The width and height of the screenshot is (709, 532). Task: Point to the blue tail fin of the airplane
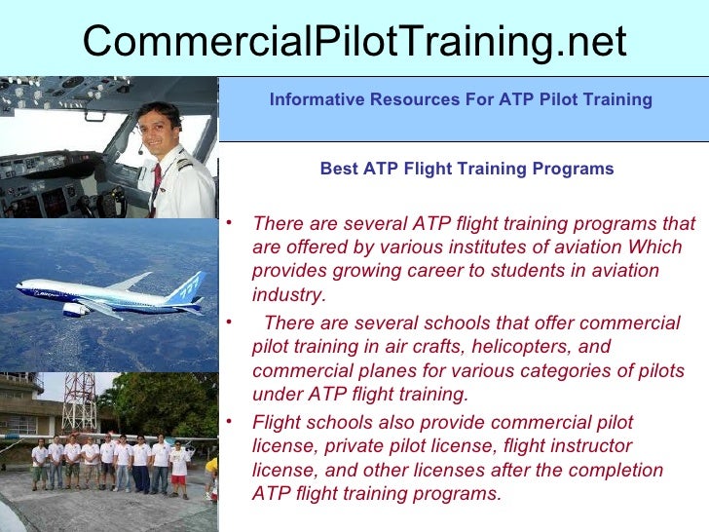click(x=187, y=286)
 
